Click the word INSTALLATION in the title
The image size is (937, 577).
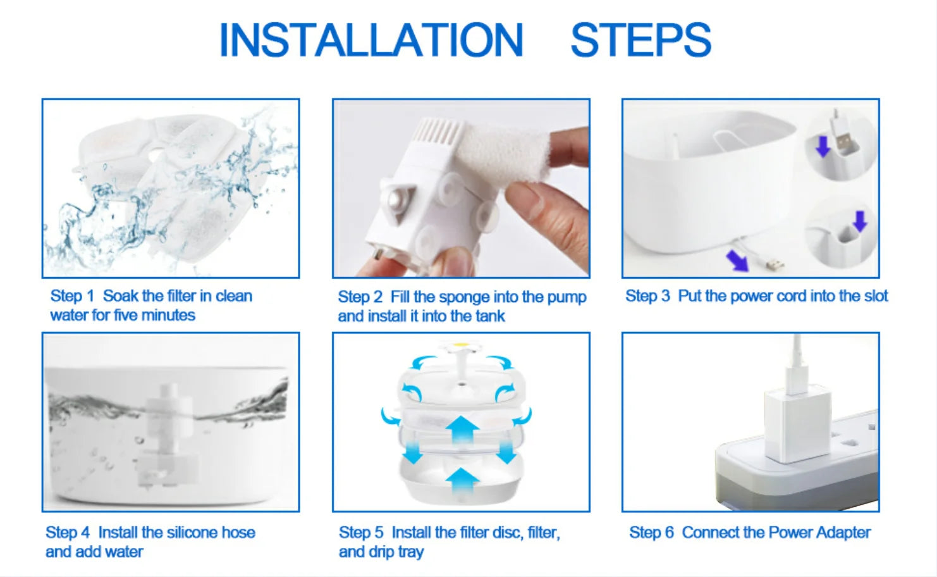pos(371,40)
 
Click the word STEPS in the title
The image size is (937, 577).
pos(641,40)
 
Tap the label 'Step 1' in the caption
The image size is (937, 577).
pos(72,296)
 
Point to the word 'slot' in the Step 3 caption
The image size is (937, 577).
pos(876,296)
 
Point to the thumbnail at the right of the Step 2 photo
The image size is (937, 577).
pos(569,147)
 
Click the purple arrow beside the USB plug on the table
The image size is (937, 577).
pos(737,261)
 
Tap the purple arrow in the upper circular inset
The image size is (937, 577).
pos(823,147)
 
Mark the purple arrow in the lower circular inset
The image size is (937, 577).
pos(860,221)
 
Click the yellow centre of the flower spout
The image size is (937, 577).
pos(461,345)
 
